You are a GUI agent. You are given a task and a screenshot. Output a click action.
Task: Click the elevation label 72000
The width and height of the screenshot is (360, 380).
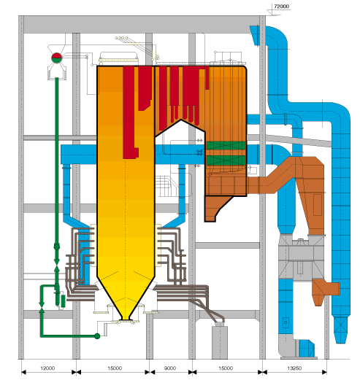click(x=281, y=7)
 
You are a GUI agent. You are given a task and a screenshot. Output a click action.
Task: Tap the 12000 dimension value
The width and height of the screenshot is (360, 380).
click(x=47, y=368)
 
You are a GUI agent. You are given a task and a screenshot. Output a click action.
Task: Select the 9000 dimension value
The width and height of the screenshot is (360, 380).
click(x=170, y=368)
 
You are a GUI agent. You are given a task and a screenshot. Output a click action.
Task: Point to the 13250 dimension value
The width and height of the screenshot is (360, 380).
click(x=294, y=368)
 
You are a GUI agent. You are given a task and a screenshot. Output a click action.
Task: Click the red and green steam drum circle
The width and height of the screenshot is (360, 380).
click(x=57, y=58)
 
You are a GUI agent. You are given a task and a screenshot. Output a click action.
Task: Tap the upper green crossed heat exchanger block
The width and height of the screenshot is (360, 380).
click(x=226, y=146)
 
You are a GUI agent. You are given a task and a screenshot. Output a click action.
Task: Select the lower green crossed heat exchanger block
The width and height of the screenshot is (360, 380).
click(x=226, y=160)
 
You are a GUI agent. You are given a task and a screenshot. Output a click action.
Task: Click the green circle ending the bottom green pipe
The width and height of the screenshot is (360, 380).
click(x=97, y=336)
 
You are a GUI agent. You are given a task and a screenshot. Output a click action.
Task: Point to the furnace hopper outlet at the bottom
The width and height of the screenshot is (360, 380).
click(x=126, y=318)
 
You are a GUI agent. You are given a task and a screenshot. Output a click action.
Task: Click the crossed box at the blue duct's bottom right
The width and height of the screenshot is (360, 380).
click(x=340, y=326)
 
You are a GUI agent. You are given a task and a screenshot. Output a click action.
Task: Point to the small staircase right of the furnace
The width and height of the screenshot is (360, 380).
click(x=166, y=186)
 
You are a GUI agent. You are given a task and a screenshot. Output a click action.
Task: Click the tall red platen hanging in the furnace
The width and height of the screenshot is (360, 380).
click(x=130, y=112)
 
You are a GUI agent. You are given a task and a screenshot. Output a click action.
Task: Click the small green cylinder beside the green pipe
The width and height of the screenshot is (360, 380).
click(x=63, y=301)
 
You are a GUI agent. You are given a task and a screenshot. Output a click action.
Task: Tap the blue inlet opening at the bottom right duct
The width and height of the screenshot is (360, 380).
click(x=306, y=348)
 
